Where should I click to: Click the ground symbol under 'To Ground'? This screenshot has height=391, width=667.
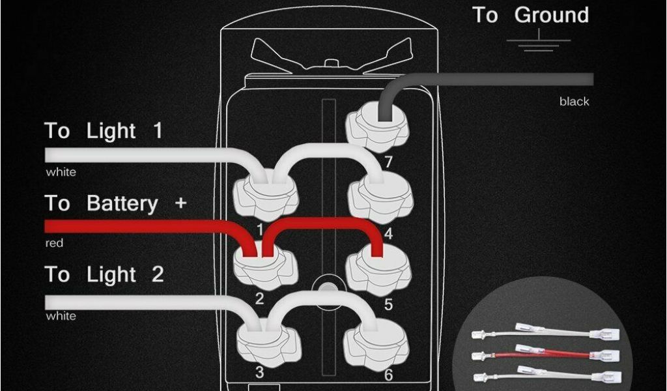(x=539, y=41)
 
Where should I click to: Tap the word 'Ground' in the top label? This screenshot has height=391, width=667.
(x=552, y=16)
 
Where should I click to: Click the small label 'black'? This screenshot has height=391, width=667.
(x=575, y=102)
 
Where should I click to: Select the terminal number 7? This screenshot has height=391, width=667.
(x=388, y=162)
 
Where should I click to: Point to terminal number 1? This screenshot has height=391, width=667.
(x=260, y=230)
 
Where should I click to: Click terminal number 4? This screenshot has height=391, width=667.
(x=388, y=233)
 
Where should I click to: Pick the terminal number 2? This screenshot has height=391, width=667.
(x=259, y=298)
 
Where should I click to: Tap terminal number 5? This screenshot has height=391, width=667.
(x=388, y=304)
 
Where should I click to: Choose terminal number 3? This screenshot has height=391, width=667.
(x=259, y=372)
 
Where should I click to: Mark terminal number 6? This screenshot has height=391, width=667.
(x=388, y=375)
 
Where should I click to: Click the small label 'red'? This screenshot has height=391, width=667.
(x=54, y=243)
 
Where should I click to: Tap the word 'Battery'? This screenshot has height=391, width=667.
(x=122, y=203)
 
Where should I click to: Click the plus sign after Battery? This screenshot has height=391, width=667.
(x=181, y=203)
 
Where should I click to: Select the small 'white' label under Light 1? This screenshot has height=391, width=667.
(x=61, y=172)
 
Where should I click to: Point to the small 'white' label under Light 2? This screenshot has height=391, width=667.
(x=61, y=316)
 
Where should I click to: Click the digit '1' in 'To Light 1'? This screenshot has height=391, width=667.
(x=158, y=130)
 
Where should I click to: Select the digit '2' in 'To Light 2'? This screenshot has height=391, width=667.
(x=158, y=274)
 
